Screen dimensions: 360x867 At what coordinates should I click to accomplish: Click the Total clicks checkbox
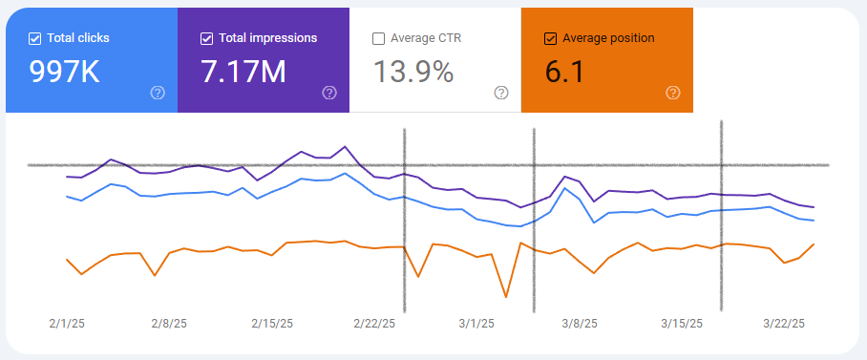[x=35, y=38]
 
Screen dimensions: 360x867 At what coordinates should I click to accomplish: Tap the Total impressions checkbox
[x=207, y=38]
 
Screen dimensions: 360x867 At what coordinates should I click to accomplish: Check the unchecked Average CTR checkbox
[x=379, y=38]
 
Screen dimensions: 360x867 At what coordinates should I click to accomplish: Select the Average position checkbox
[x=550, y=38]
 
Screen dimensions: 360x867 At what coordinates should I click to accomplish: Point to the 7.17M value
[x=243, y=72]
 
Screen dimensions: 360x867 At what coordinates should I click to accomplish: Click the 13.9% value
[x=412, y=72]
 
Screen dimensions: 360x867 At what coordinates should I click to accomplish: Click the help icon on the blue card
[x=158, y=93]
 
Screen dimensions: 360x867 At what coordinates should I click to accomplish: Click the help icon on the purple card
[x=329, y=93]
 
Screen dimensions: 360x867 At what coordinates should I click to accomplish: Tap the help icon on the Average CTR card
[x=501, y=93]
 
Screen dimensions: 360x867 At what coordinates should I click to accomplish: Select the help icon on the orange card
[x=673, y=93]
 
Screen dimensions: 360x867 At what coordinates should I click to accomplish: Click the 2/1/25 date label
[x=68, y=324]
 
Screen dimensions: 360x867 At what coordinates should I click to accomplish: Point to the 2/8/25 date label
[x=170, y=324]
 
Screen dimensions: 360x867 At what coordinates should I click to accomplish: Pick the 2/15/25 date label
[x=272, y=324]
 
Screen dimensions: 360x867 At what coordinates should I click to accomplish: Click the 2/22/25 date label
[x=374, y=324]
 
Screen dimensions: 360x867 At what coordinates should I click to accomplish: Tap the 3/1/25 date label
[x=476, y=324]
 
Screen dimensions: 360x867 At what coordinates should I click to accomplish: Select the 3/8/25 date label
[x=578, y=324]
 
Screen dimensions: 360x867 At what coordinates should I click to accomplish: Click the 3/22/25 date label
[x=782, y=324]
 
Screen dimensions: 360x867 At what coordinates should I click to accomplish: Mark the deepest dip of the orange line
[x=505, y=297]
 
